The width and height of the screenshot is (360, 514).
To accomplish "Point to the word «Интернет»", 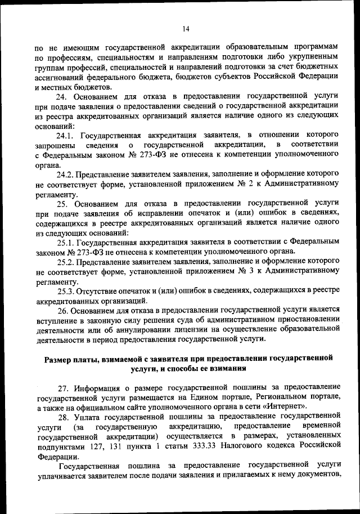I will pyautogui.click(x=285, y=406).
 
